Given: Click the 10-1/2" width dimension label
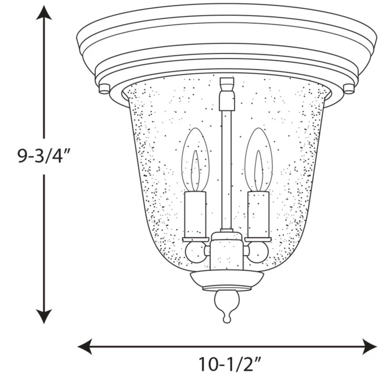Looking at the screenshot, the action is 230,365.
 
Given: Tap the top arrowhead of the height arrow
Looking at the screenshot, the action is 44,13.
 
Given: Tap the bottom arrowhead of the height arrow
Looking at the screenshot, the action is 44,316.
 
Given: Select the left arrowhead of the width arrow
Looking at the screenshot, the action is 85,346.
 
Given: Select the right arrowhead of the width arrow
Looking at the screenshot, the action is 370,346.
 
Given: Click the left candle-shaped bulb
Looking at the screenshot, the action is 195,160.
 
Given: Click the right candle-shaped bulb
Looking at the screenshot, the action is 259,160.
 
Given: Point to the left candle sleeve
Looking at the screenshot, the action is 195,214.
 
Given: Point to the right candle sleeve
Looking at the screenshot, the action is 259,214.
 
